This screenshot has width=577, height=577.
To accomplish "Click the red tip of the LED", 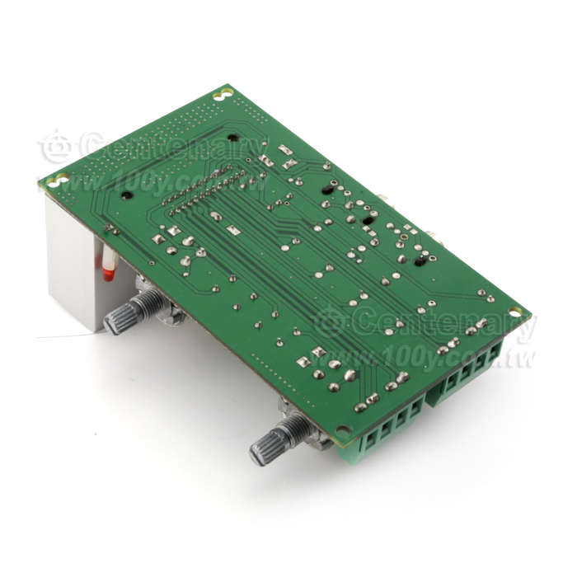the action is (x=109, y=274).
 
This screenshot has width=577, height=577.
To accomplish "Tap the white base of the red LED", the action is (x=109, y=257).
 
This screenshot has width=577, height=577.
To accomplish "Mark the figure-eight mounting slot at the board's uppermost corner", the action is (x=223, y=94).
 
